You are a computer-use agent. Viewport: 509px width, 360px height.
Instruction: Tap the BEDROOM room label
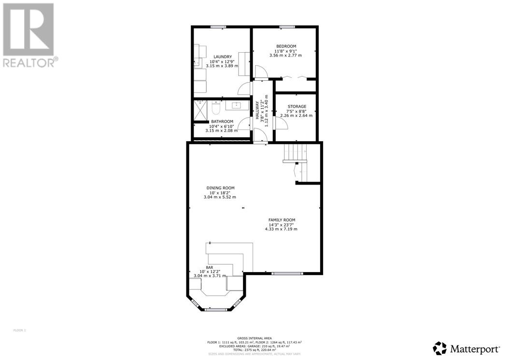click(x=285, y=46)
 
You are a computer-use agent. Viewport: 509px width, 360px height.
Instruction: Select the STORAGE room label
click(x=297, y=106)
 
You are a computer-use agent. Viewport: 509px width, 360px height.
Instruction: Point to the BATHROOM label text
click(x=222, y=121)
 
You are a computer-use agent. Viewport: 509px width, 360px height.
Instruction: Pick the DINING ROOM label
click(x=220, y=188)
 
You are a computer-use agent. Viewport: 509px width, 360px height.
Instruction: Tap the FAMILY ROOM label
click(x=282, y=220)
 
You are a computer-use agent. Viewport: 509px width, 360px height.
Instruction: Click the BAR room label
click(x=210, y=267)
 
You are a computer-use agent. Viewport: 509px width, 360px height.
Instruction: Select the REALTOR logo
click(x=29, y=35)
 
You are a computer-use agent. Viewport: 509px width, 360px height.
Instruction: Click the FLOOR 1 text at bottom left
click(x=19, y=331)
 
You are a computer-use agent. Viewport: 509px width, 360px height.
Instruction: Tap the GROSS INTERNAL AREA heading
click(x=254, y=338)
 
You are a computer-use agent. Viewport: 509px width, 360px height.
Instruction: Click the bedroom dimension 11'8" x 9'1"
click(x=285, y=51)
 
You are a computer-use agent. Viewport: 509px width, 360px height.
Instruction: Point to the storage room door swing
click(x=282, y=123)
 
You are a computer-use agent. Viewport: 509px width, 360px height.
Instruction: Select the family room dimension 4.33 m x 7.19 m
click(x=281, y=229)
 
